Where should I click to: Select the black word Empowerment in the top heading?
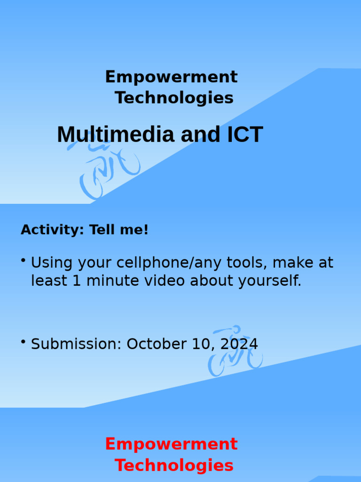pyautogui.click(x=171, y=77)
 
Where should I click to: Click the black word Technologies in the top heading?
pyautogui.click(x=174, y=98)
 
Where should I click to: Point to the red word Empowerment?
pyautogui.click(x=171, y=444)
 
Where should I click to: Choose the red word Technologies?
pyautogui.click(x=174, y=465)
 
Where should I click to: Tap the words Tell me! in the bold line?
pyautogui.click(x=119, y=230)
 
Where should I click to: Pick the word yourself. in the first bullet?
pyautogui.click(x=269, y=281)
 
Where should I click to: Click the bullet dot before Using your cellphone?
pyautogui.click(x=23, y=260)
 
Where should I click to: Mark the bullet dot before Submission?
pyautogui.click(x=23, y=341)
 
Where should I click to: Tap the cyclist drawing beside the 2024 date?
pyautogui.click(x=235, y=352)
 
